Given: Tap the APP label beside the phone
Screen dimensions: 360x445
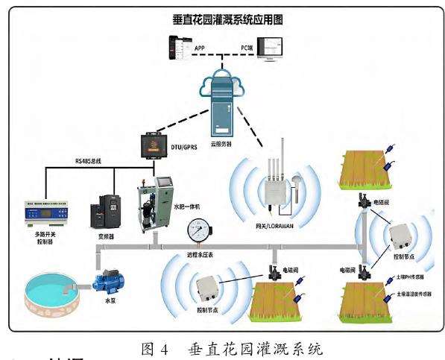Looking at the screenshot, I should pyautogui.click(x=200, y=49).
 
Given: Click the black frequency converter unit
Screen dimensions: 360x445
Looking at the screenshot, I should pyautogui.click(x=105, y=211).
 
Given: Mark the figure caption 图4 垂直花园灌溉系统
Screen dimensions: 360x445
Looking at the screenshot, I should pyautogui.click(x=222, y=344).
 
